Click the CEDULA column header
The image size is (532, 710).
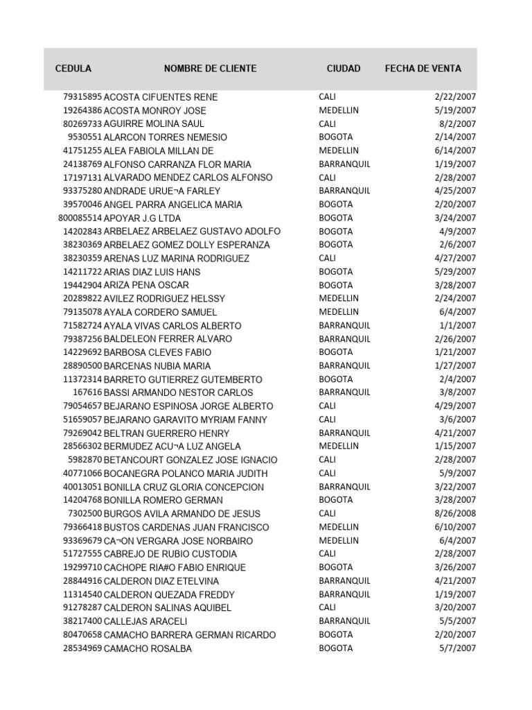pos(73,69)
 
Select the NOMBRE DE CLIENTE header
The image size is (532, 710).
pos(210,69)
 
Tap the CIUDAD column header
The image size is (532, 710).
pos(344,69)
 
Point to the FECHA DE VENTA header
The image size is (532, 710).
pos(423,69)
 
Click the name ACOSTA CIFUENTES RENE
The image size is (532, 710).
pos(150,97)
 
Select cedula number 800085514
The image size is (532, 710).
pos(80,218)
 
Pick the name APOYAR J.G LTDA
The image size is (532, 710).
pos(132,218)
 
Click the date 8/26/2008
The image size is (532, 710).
pos(455,514)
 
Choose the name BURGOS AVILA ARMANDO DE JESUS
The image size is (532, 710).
pos(181,514)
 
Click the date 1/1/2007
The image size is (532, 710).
pos(457,326)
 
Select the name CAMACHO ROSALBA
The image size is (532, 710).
pos(148,649)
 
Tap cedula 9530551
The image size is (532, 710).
pos(85,137)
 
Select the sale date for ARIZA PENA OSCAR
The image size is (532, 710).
pos(455,286)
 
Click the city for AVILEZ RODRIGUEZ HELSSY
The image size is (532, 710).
pos(339,299)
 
